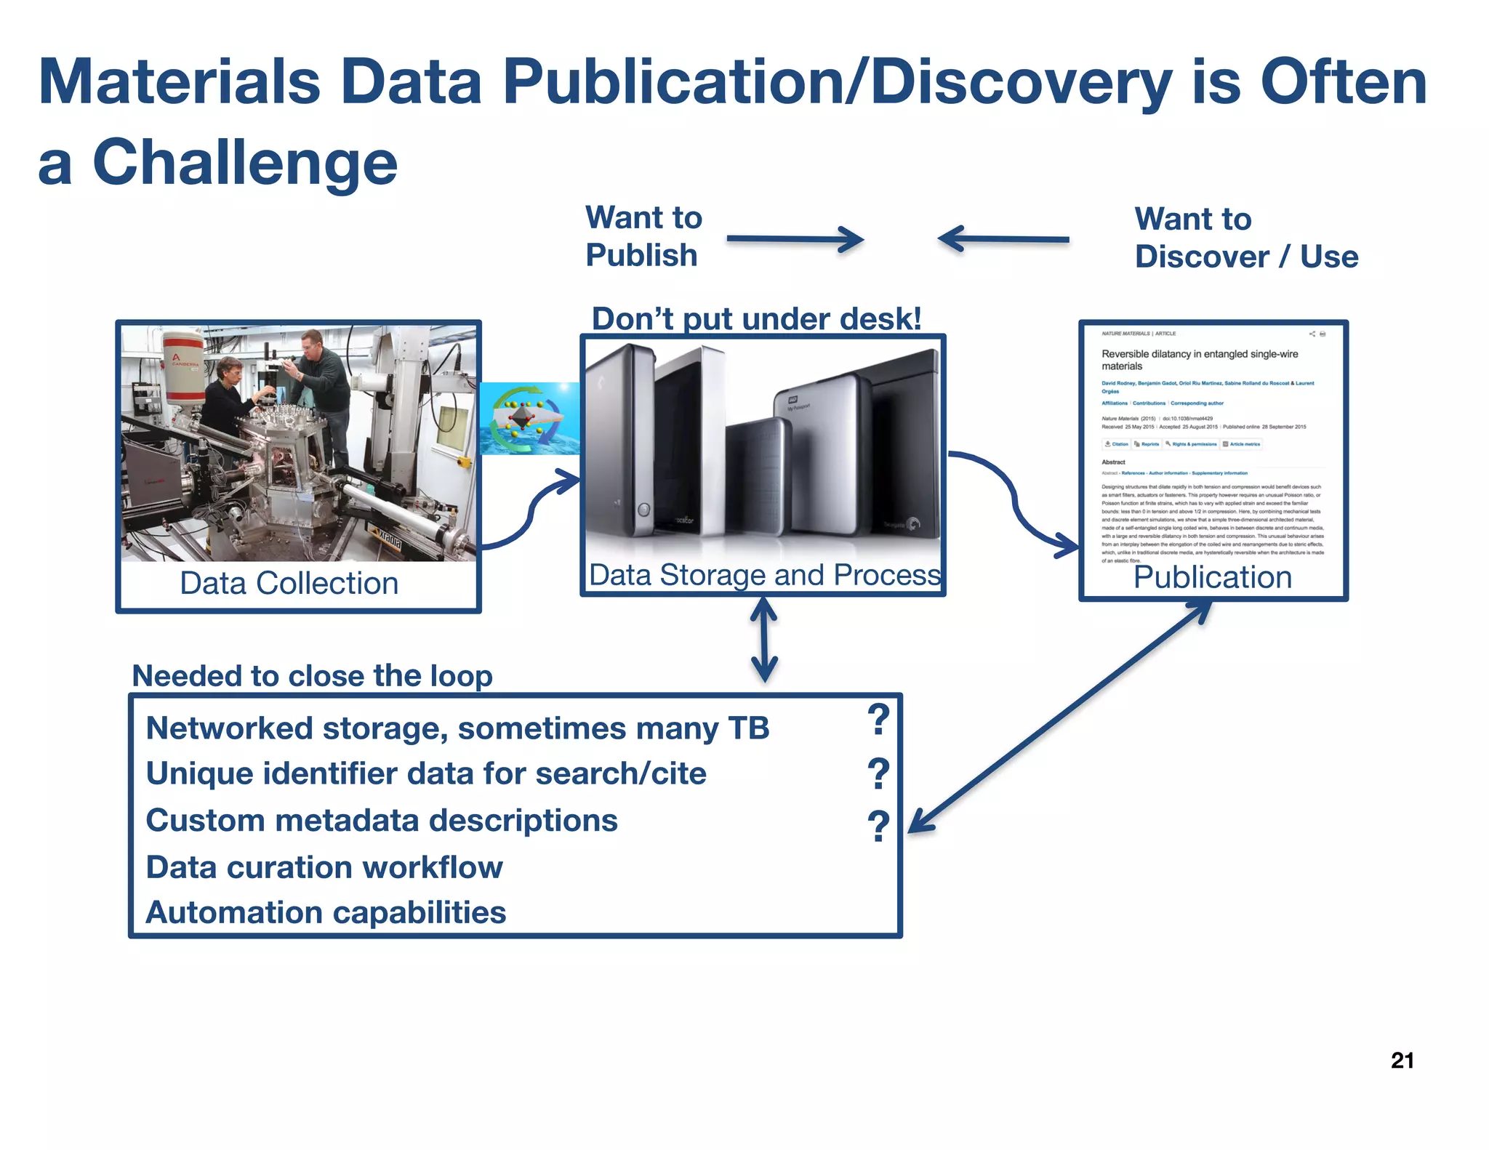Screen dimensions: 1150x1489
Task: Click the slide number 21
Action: (1402, 1061)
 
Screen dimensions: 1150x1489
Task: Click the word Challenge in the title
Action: (245, 163)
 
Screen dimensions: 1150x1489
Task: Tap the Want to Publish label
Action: (643, 236)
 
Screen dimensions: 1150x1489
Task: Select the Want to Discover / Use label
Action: (1245, 238)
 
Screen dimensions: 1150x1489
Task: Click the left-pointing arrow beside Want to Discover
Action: (1003, 238)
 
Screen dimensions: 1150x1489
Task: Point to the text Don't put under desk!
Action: (756, 318)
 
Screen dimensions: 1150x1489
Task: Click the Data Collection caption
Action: (289, 583)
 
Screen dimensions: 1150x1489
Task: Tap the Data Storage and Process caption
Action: (764, 575)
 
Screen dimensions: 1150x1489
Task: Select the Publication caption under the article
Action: (1212, 577)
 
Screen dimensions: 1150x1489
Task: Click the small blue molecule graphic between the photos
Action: (529, 419)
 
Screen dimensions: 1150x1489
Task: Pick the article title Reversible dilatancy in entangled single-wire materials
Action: (1199, 360)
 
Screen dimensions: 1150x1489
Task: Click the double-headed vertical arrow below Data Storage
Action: (763, 640)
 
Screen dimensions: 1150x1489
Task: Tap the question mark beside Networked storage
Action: (878, 720)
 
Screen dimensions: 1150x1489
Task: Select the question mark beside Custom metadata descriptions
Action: (878, 826)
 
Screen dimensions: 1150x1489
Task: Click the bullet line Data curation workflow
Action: (324, 867)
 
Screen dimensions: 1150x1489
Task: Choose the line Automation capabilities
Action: (326, 913)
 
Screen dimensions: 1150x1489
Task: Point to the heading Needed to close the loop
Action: (312, 676)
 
